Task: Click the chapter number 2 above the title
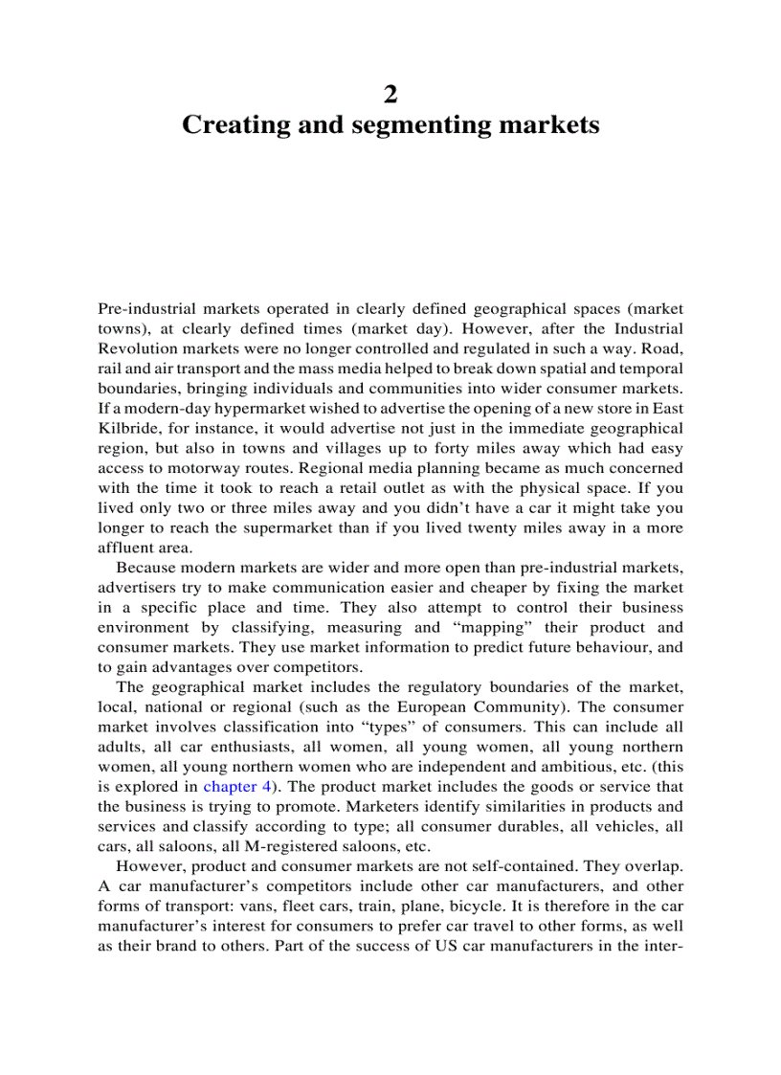[x=390, y=94]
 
